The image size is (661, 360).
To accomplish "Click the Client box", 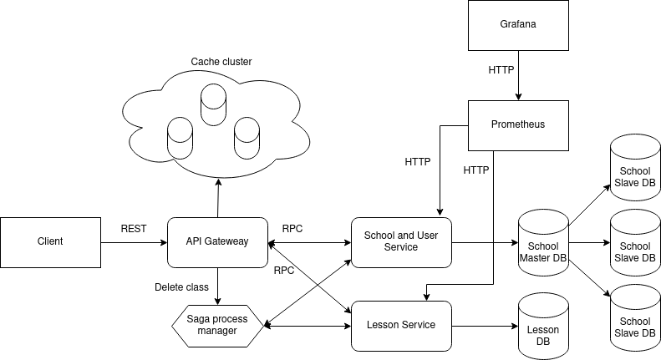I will click(x=50, y=242).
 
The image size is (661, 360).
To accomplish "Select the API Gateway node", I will click(x=217, y=242).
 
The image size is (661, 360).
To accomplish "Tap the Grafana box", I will click(x=518, y=25).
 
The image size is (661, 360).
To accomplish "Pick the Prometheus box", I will click(x=518, y=125).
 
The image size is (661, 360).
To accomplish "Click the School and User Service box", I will click(x=401, y=242).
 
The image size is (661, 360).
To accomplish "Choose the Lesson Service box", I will click(x=401, y=325).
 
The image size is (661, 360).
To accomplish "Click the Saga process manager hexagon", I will click(x=217, y=325).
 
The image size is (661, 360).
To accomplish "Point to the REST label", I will click(x=134, y=228).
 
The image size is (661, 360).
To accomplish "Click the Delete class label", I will click(x=181, y=287).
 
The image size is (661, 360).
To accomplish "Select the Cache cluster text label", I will click(x=221, y=62).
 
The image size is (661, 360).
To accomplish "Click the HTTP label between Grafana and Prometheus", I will click(x=501, y=71).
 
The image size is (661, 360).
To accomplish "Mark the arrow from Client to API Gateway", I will click(x=134, y=243).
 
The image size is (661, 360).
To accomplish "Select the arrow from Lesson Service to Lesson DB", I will click(x=485, y=326).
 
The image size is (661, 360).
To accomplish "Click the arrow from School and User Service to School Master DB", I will click(x=485, y=243).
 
